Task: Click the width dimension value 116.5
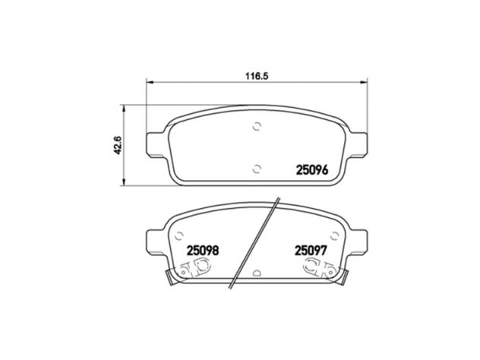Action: coord(257,76)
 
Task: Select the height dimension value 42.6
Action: coord(118,145)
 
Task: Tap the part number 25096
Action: coord(312,170)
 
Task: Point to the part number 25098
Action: coord(203,251)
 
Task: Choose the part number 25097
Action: coord(311,251)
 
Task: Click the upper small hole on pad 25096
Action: coord(257,126)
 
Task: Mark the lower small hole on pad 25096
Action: coord(257,169)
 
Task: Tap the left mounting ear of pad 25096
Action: coord(156,145)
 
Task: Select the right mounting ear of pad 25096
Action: coord(358,145)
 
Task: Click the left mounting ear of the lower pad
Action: coord(156,242)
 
